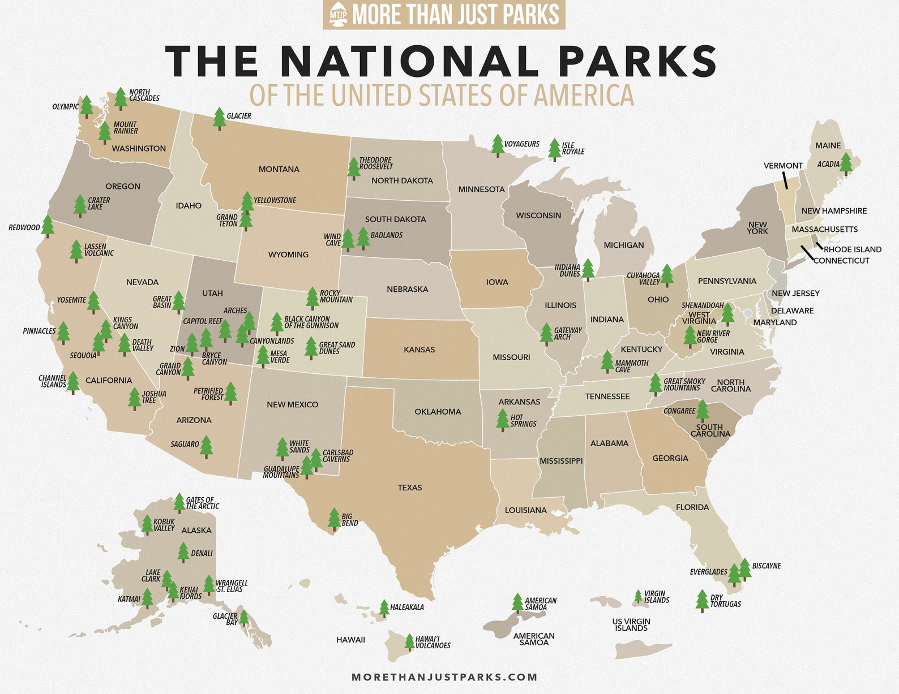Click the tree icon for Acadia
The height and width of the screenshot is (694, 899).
click(846, 163)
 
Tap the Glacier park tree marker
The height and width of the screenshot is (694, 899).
click(219, 118)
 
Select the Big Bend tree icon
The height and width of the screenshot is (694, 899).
click(334, 519)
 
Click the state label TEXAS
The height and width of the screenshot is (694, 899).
click(410, 488)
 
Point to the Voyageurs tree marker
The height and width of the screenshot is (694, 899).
click(497, 145)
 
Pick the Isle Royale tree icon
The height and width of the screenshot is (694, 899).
click(555, 149)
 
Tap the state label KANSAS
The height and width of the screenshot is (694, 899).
click(419, 350)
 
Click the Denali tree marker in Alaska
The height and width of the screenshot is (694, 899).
click(183, 552)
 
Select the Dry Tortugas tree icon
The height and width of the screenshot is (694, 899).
click(702, 601)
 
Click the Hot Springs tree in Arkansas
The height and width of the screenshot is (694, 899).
click(502, 420)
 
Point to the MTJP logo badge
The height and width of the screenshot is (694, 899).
click(338, 15)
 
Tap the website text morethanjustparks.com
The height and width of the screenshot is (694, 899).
click(444, 677)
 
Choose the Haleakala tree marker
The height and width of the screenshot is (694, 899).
click(384, 608)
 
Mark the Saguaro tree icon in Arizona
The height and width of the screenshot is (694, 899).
click(206, 446)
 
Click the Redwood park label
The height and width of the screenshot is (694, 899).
click(24, 228)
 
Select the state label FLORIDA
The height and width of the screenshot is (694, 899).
click(692, 507)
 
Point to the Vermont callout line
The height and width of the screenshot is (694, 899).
click(785, 180)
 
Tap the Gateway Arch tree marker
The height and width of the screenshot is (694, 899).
click(546, 334)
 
